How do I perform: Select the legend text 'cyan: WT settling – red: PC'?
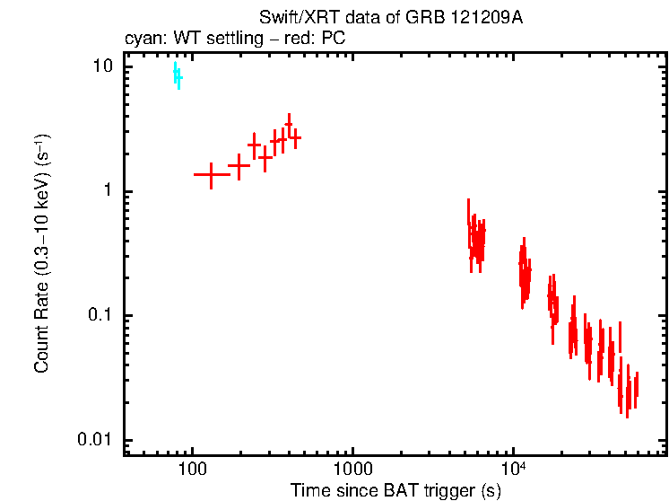pos(234,40)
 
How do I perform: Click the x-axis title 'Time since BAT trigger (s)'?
pos(395,490)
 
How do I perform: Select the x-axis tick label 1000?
pos(352,470)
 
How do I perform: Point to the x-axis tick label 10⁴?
pos(512,470)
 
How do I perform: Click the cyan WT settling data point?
pos(178,76)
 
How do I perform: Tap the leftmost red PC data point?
pos(212,174)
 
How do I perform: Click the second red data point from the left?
pos(239,165)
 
